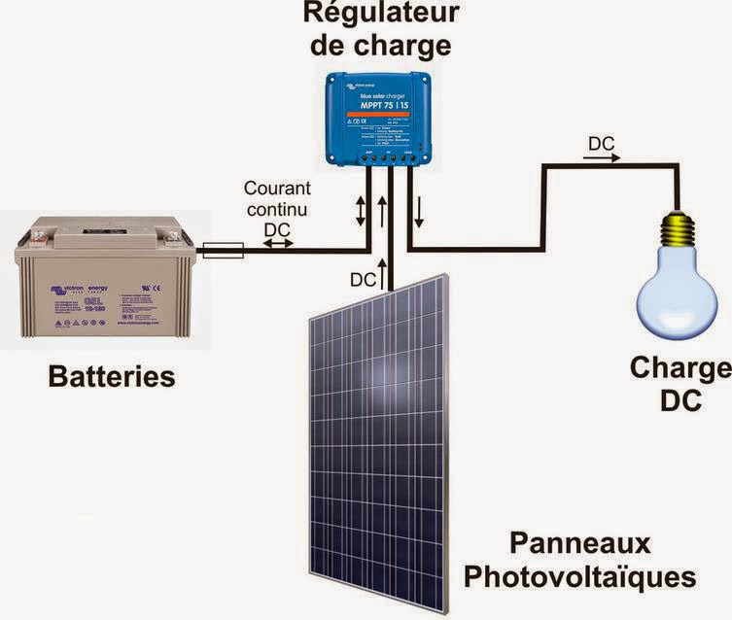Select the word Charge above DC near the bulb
coord(679,368)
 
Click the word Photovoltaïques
coord(579,575)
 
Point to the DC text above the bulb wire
coord(600,142)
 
